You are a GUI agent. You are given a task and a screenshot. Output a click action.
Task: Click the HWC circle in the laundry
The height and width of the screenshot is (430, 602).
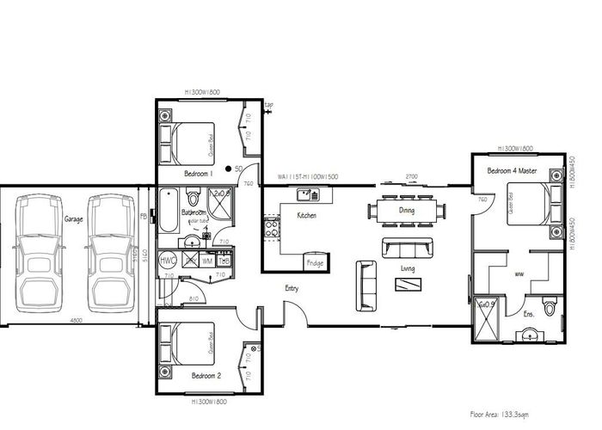[x=168, y=260]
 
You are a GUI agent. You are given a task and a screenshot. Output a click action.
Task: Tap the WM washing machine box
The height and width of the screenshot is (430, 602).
[x=206, y=260]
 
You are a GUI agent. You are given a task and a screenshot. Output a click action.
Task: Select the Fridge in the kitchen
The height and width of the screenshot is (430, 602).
[x=313, y=261]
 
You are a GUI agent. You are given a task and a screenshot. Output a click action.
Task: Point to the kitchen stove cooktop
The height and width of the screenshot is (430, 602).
[x=271, y=229]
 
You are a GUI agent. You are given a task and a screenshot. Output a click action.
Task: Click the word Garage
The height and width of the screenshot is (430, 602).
[x=73, y=219]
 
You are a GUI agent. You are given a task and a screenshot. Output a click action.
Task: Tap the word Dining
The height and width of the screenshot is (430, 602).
[x=407, y=210]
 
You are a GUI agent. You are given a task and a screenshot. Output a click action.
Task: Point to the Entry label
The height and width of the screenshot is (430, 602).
[x=292, y=288]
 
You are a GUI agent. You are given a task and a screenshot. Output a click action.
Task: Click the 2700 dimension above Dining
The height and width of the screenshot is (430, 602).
[x=411, y=175]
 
